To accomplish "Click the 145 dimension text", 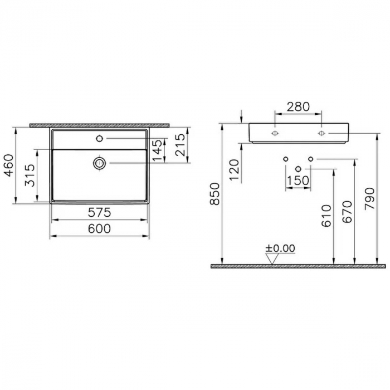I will point(159,150).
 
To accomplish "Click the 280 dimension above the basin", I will point(298,106).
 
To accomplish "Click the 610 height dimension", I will point(327,214).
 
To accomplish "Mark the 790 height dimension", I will point(369,198).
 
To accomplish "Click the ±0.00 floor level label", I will point(280,248).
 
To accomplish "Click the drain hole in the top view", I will point(100,163).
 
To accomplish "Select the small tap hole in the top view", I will point(100,138).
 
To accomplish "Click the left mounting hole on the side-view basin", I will point(275,134).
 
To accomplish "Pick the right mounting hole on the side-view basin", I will point(321,134).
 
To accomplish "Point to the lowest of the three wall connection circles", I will point(298,168).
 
